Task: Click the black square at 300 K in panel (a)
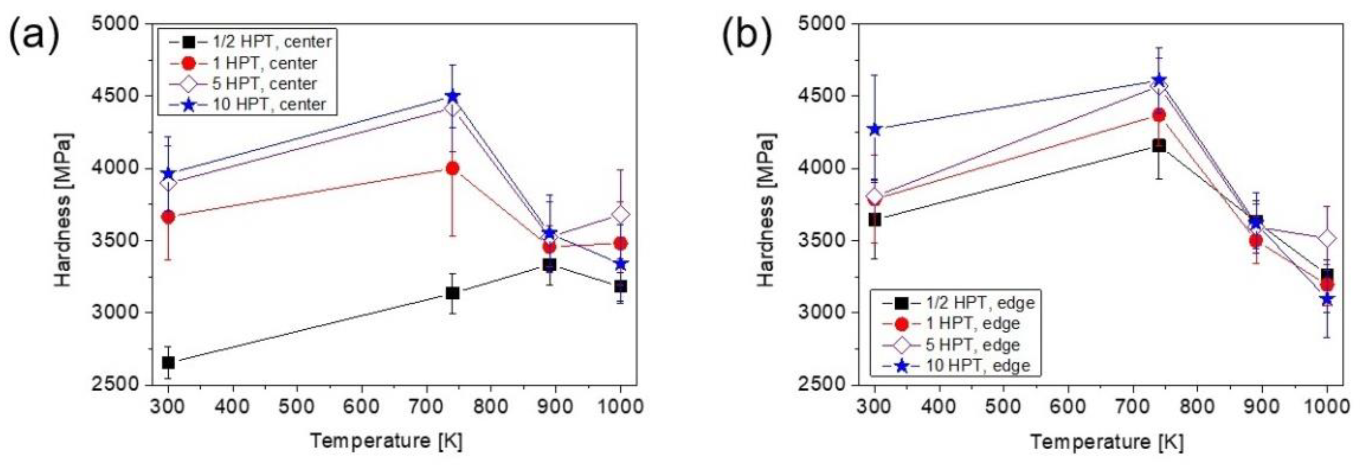(x=168, y=363)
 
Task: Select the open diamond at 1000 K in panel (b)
(x=1327, y=239)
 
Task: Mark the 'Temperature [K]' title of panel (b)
(x=1107, y=441)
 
